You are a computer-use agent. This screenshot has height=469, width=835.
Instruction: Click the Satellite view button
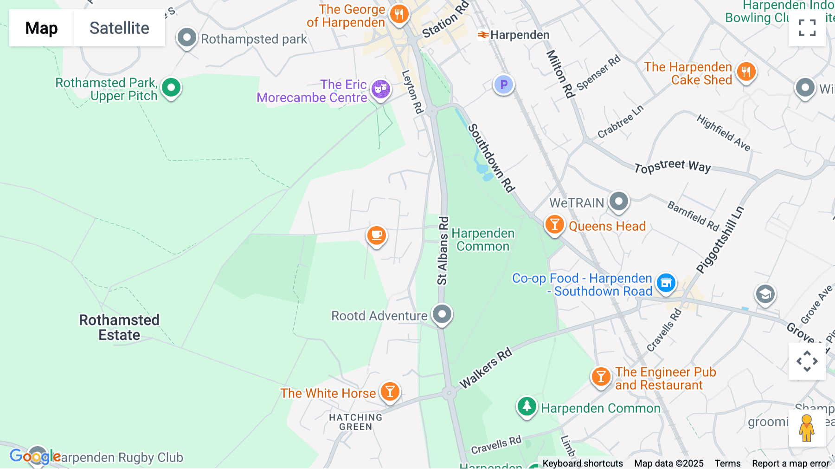[x=119, y=28]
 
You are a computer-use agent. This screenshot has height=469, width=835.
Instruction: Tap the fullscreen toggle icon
[x=807, y=28]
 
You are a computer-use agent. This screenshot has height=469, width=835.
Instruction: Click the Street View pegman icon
[x=807, y=428]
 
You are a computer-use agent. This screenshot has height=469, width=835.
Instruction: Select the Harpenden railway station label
[x=519, y=35]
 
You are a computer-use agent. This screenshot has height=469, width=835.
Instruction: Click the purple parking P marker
[x=503, y=85]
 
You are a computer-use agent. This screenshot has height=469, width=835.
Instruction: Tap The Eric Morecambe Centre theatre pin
[x=381, y=88]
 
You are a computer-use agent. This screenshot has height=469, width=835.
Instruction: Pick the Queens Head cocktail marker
[x=554, y=225]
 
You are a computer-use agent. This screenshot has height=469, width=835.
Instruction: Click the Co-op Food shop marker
[x=666, y=282]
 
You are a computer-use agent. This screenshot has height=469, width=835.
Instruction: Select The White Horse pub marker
[x=390, y=392]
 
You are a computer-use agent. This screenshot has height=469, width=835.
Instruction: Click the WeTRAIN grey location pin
[x=619, y=202]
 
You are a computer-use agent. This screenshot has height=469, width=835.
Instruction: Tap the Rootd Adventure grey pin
[x=442, y=314]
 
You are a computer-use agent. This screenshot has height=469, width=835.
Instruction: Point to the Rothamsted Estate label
[x=119, y=327]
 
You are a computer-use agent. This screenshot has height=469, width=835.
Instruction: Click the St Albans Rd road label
[x=443, y=251]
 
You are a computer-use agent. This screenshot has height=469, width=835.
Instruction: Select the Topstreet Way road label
[x=672, y=166]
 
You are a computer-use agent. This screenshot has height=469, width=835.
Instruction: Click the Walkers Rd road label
[x=486, y=367]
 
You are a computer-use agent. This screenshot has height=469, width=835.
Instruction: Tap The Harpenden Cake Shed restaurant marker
[x=746, y=72]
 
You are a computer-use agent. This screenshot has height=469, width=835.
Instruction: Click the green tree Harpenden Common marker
[x=527, y=406]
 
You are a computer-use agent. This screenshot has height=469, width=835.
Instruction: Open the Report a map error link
[x=790, y=463]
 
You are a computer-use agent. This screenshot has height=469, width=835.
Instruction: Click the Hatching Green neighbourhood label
[x=356, y=422]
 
